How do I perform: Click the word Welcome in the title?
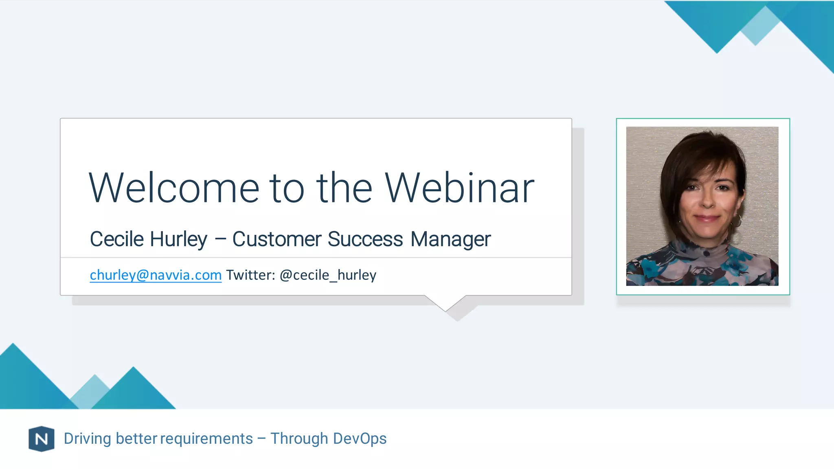pos(174,188)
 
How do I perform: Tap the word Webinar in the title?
pos(459,188)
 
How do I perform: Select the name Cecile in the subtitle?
pos(116,239)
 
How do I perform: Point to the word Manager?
pos(450,240)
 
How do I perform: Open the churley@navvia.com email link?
pos(156,275)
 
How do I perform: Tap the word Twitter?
pos(251,275)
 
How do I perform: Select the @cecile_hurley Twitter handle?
pos(328,276)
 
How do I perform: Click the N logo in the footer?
pos(41,439)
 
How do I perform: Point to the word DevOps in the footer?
pos(360,439)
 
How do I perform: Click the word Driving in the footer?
pos(87,439)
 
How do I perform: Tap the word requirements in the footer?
pos(206,439)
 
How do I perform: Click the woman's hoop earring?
pos(737,221)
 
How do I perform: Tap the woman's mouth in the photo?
pos(707,218)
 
